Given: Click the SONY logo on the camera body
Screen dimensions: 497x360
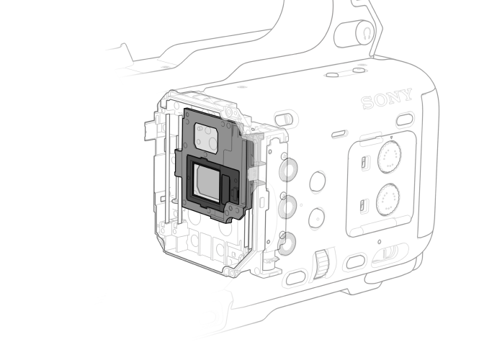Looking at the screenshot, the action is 387,99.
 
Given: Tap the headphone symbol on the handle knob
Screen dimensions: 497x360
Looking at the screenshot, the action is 367,32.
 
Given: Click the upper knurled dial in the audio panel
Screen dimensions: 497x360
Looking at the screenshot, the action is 390,157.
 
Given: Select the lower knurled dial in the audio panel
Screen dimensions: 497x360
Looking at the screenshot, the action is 388,200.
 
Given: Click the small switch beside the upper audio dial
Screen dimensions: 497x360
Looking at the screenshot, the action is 364,163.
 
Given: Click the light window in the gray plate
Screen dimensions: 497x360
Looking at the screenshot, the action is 206,138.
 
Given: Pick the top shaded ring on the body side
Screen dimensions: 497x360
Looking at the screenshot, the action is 288,170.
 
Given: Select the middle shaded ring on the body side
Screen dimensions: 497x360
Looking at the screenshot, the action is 287,207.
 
